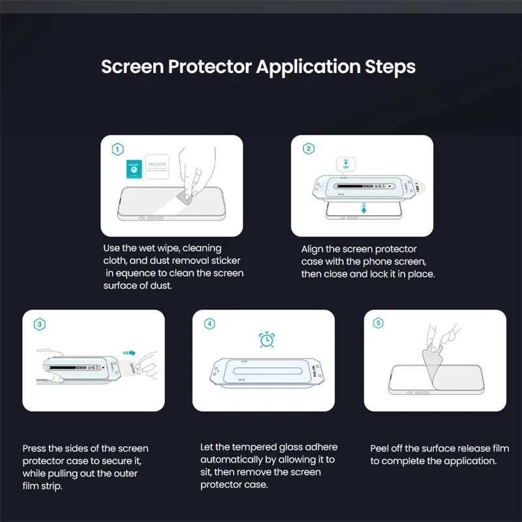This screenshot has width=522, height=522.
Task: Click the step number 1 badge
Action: (x=117, y=149)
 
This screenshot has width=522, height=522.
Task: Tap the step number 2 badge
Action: (x=309, y=149)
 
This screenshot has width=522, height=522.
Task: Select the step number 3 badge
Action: (x=40, y=324)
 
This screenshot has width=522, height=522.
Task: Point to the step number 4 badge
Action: (x=209, y=324)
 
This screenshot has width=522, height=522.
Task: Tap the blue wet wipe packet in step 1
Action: (x=134, y=170)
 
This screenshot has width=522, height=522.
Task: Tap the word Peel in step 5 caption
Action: (x=381, y=448)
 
